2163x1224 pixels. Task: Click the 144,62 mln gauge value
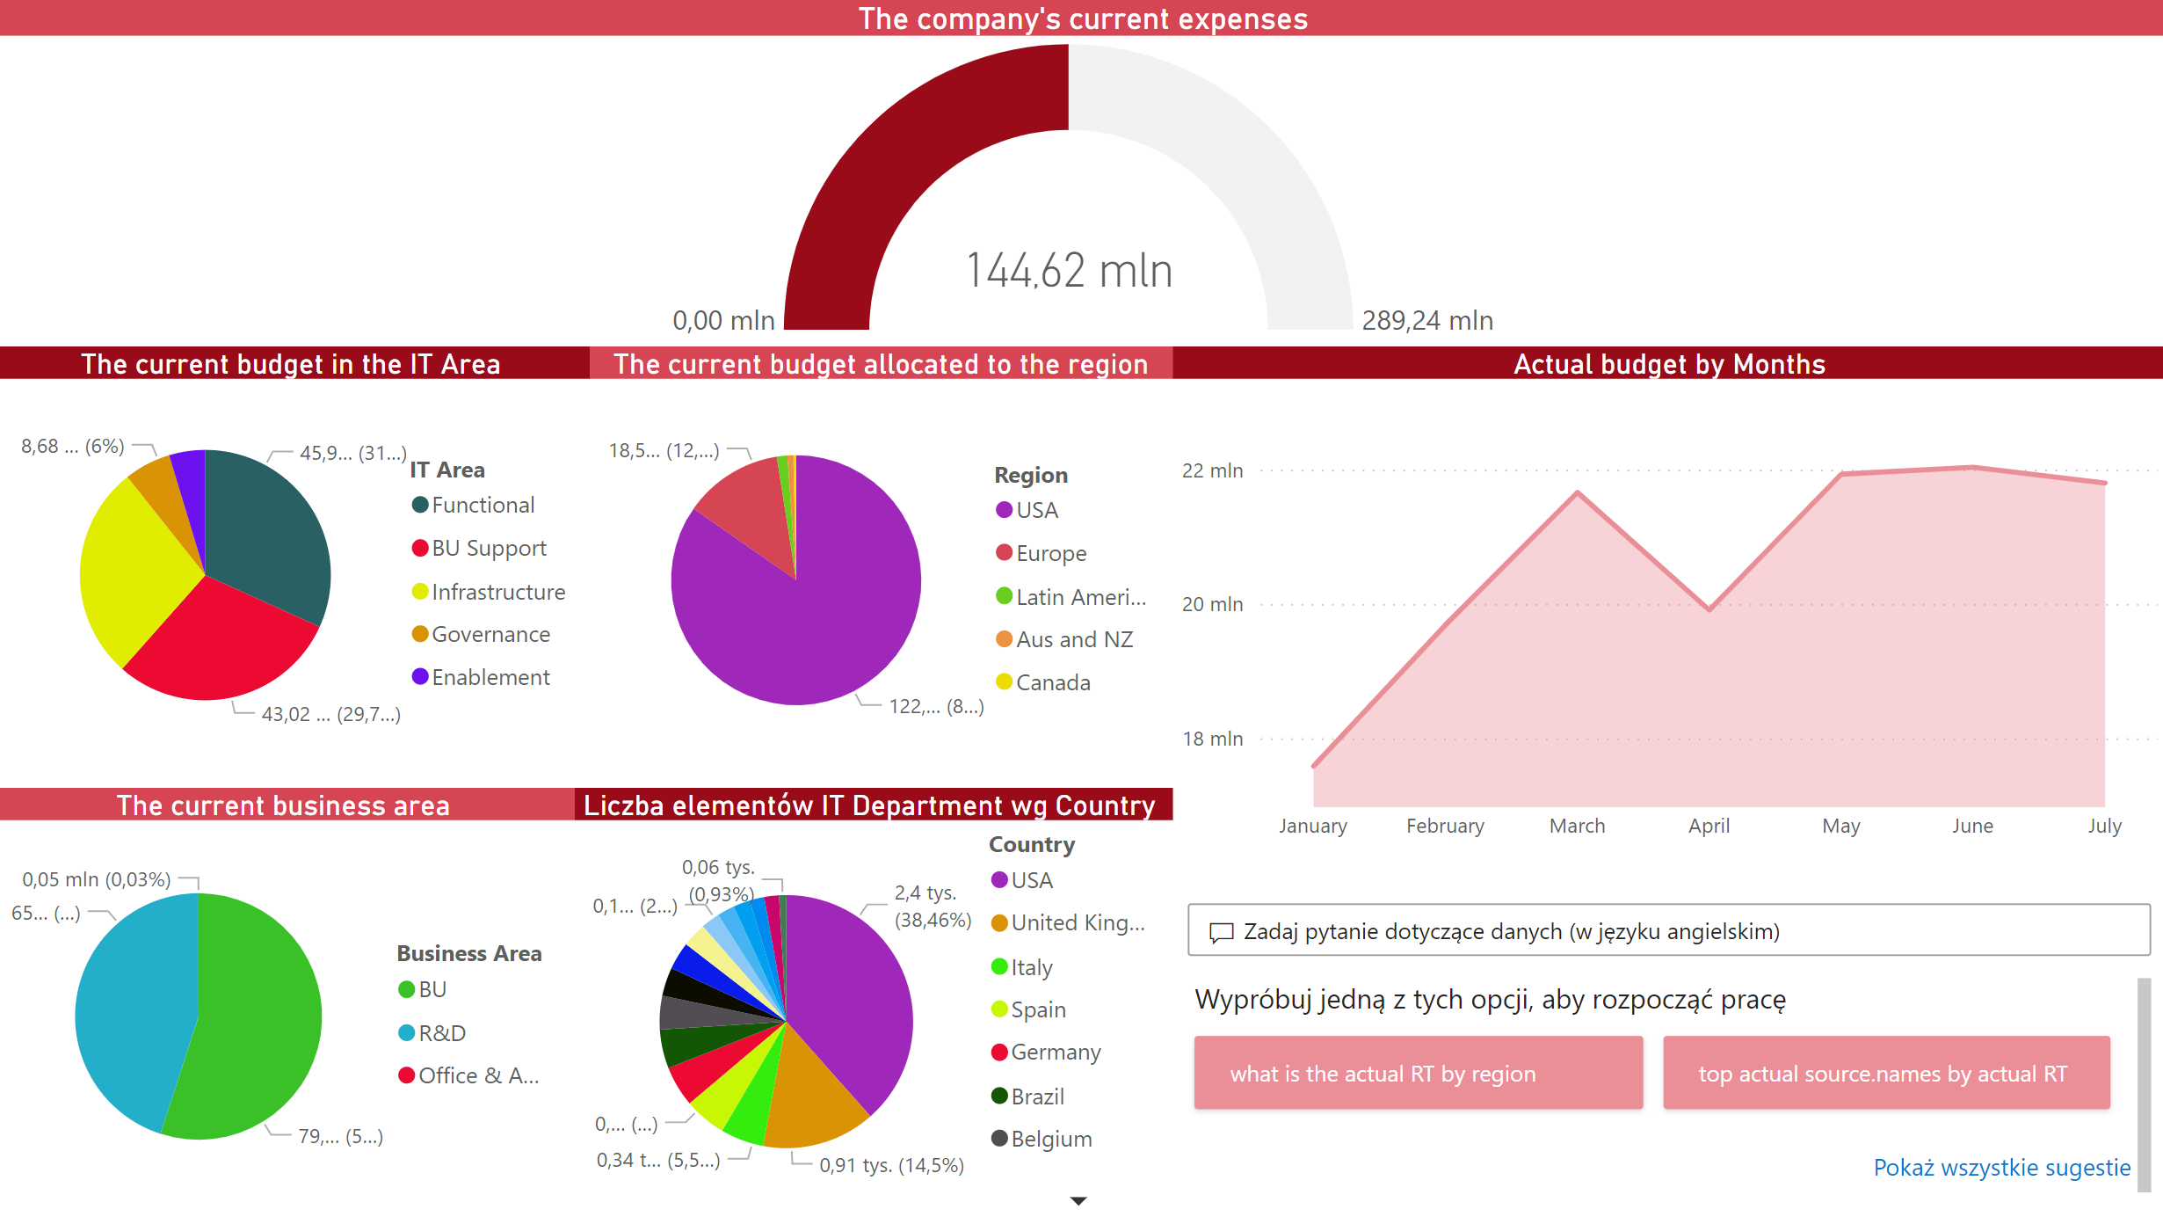point(1069,270)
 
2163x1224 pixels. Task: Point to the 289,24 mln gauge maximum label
point(1426,321)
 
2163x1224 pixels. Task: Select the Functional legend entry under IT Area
point(482,506)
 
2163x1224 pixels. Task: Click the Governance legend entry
point(490,635)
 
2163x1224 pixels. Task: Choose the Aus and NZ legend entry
point(1073,640)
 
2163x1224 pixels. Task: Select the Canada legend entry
point(1052,683)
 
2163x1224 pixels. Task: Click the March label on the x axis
point(1577,827)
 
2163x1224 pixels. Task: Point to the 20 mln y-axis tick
point(1212,605)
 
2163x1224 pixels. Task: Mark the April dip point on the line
point(1709,608)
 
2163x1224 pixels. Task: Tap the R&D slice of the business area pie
point(132,1011)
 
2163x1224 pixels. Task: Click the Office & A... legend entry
point(477,1076)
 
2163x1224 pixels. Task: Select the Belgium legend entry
point(1050,1140)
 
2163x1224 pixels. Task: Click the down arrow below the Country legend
point(1078,1201)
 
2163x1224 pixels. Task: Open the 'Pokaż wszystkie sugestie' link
point(2001,1169)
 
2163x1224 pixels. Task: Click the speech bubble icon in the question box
point(1221,932)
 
